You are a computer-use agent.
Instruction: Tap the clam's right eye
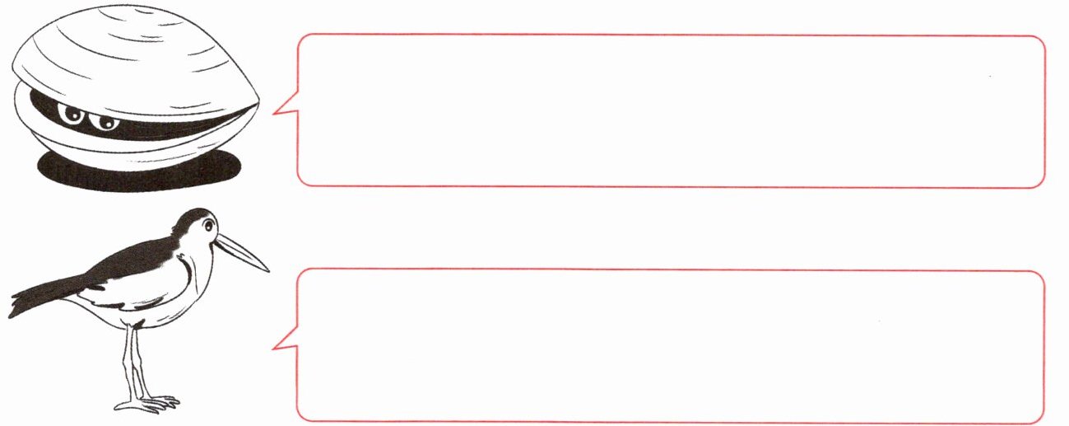(105, 122)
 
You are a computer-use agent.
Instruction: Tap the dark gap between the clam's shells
(165, 124)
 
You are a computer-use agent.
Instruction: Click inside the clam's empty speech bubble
(671, 111)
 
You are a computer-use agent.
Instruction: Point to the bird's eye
(209, 224)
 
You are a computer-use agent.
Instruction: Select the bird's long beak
(244, 251)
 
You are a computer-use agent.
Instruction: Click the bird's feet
(148, 403)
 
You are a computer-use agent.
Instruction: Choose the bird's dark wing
(132, 268)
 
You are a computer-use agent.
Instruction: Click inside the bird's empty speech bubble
(671, 346)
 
